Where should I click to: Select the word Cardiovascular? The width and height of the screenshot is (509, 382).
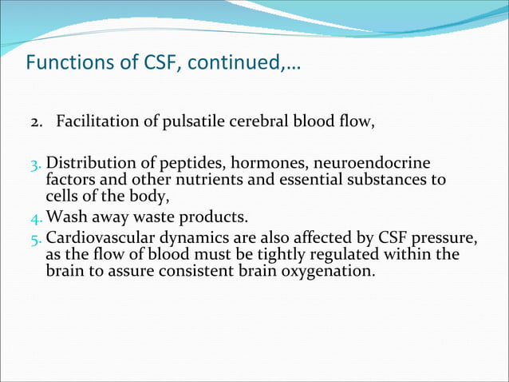[x=97, y=238]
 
